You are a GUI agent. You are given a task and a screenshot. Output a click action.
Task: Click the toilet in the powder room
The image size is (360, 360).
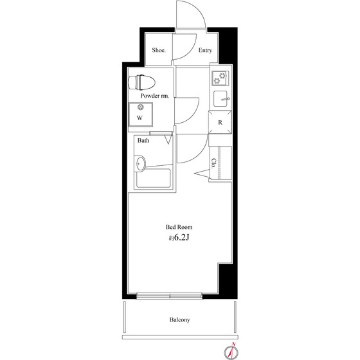coord(141,82)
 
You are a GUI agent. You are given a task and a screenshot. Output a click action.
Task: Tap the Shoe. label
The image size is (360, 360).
coord(159,50)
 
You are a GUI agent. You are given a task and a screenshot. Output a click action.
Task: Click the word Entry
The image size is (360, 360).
coord(205,50)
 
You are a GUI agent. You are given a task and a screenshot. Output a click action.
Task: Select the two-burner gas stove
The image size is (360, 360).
coord(220,78)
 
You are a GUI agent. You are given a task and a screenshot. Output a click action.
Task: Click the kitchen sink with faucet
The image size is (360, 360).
coord(221,99)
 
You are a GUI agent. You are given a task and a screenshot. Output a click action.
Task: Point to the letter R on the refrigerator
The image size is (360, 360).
coord(220,123)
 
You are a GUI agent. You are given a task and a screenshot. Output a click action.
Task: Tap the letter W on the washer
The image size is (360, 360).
coord(139,118)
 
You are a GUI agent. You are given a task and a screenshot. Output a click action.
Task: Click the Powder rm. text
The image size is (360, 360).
coord(155,96)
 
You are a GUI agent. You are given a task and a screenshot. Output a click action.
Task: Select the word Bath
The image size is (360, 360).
coord(143,140)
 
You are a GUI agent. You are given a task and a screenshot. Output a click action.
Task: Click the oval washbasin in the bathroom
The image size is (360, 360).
coord(140,163)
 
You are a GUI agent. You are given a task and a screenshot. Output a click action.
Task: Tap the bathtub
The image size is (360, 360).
coord(154,179)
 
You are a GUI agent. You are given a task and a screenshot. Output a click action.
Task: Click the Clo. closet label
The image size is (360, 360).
coord(213,163)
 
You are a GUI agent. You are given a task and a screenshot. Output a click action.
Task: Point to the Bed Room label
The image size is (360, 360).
coord(179,227)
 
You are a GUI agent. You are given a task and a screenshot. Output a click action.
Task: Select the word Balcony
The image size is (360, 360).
coord(180,320)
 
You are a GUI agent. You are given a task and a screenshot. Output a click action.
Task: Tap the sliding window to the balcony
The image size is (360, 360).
coord(170,296)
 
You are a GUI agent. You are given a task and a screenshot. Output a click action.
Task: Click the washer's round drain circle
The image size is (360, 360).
coord(141,107)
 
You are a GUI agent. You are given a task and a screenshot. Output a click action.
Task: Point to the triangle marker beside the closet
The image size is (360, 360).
coord(202,173)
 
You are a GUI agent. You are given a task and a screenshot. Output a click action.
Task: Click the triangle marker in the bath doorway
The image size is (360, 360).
coord(168,139)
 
